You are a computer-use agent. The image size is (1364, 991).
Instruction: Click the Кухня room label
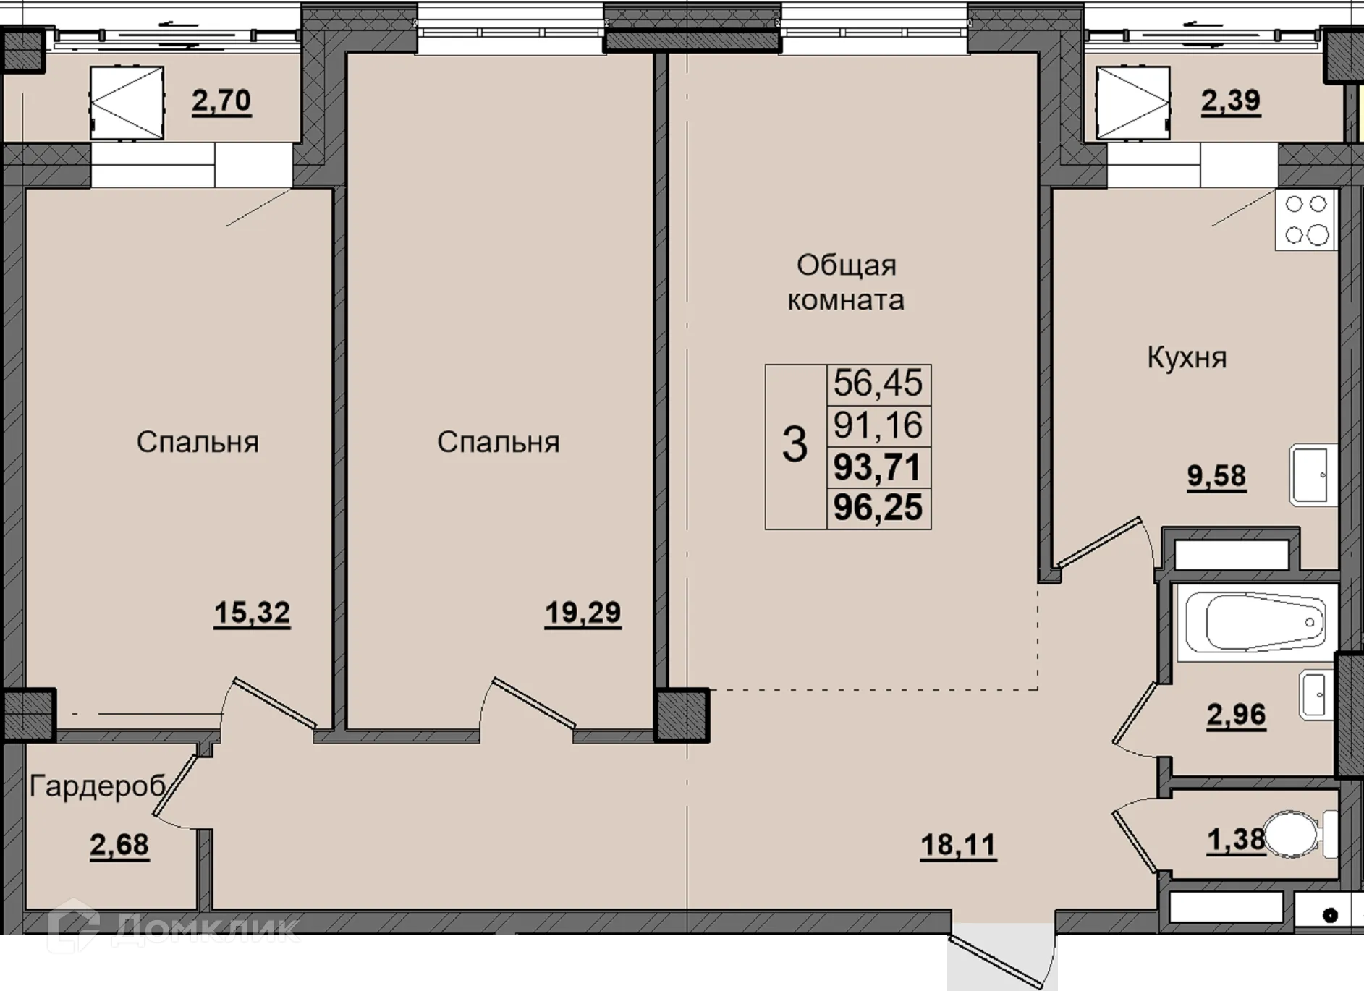point(1187,358)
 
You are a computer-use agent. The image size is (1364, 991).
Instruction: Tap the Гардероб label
point(98,786)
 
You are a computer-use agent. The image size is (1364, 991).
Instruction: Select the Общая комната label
point(846,282)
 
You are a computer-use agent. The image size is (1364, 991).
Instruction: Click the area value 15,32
point(252,613)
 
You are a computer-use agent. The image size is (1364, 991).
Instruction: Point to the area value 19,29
point(583,613)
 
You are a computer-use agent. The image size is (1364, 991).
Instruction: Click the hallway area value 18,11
point(958,845)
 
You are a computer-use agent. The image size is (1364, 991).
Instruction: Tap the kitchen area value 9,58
point(1216,476)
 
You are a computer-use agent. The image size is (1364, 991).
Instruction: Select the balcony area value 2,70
point(221,101)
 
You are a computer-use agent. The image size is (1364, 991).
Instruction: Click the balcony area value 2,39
point(1231,101)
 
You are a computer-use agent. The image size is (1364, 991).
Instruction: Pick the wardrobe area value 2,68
point(119,845)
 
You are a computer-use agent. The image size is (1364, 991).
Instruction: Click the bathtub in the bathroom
point(1256,623)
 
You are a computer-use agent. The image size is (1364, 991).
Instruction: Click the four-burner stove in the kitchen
point(1306,219)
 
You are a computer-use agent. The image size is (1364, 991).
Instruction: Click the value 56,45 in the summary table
point(878,383)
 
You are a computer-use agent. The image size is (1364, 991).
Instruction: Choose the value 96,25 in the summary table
point(878,507)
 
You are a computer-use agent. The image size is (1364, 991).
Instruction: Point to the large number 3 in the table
point(795,444)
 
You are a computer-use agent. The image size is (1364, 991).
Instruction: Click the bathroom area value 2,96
point(1236,715)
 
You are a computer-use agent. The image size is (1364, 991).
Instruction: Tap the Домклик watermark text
point(205,928)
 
